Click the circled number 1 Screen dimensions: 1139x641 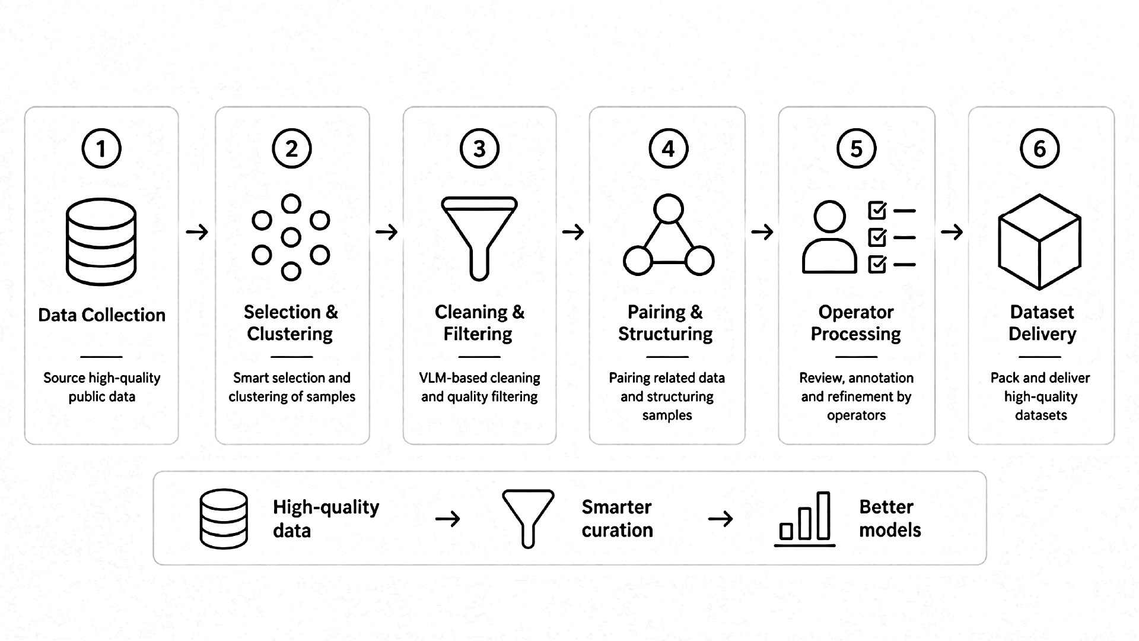pos(101,148)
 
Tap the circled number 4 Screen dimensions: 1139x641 pos(669,148)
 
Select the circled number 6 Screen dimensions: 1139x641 pos(1040,148)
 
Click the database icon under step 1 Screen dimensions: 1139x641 pos(101,242)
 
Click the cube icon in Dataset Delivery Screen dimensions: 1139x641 pos(1040,242)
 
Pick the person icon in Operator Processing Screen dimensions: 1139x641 pos(829,237)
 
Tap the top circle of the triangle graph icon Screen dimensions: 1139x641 pos(669,209)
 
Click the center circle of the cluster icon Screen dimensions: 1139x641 pos(291,237)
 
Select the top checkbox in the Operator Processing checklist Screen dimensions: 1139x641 pos(877,211)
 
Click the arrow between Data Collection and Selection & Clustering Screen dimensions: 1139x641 pos(197,231)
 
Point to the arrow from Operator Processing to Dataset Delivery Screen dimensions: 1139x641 pos(952,231)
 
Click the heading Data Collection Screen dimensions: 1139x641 pos(101,315)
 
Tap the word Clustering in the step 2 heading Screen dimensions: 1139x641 pos(289,334)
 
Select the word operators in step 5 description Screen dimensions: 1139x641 pos(856,415)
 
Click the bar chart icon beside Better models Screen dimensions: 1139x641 pos(804,518)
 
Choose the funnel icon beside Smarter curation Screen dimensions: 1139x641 pos(528,518)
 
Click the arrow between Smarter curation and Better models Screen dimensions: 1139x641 pos(720,519)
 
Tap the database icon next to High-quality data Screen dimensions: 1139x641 pos(224,519)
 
